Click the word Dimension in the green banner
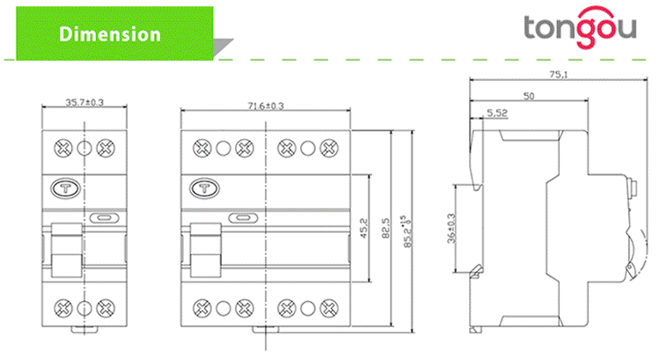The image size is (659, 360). [109, 34]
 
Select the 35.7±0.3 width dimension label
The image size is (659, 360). [84, 102]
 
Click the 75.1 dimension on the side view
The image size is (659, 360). [557, 76]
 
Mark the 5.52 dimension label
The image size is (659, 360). [497, 112]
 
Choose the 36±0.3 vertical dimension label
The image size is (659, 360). [451, 229]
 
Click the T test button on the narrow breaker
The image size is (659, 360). [65, 187]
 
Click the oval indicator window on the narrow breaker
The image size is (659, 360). [100, 217]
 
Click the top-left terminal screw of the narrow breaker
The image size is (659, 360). [63, 147]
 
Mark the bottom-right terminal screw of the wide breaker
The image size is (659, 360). [331, 307]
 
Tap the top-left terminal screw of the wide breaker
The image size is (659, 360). [201, 147]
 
